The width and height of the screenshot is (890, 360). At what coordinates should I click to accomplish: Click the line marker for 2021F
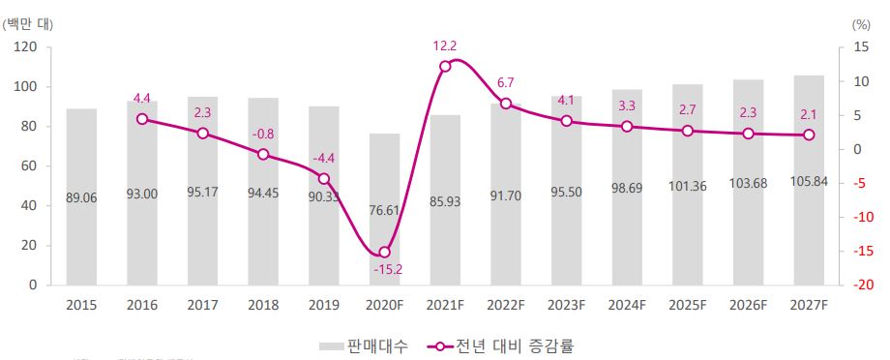coord(445,66)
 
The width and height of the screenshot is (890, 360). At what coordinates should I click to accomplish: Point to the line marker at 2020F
coord(384,252)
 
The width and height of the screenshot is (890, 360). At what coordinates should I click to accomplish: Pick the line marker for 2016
coord(142,119)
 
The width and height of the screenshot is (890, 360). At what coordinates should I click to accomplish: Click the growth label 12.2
coord(445,45)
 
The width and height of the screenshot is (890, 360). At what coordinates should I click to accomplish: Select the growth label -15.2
coord(387,270)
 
